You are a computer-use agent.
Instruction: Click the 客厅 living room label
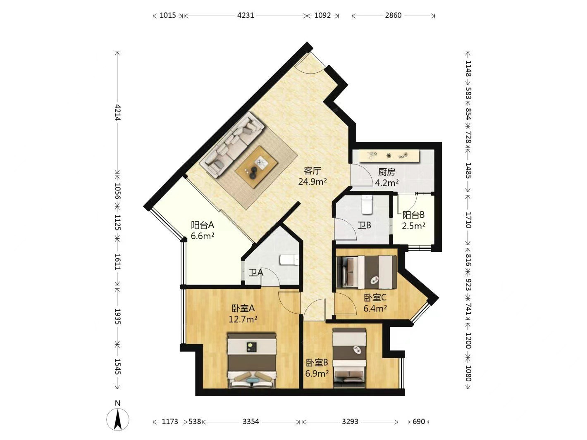coord(312,171)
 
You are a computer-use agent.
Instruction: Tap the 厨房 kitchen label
coord(387,172)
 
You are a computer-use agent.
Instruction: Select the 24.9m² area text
coord(313,182)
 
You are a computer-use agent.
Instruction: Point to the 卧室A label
coord(243,308)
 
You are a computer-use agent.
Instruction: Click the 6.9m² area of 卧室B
coord(317,373)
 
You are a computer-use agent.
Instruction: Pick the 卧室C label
coord(375,297)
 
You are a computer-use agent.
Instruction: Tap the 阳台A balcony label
coord(203,225)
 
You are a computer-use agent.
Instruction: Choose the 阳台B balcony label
coord(413,215)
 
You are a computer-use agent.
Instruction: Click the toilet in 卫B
coord(367,205)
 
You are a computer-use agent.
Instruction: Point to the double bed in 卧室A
coord(251,360)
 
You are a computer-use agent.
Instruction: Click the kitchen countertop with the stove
coord(389,156)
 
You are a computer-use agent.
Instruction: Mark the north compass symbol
coord(118,419)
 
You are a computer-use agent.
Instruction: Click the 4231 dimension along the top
coord(246,16)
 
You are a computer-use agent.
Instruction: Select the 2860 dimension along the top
coord(393,16)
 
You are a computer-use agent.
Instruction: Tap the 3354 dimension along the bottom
coord(251,421)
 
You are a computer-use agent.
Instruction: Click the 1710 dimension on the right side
coord(468,220)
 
